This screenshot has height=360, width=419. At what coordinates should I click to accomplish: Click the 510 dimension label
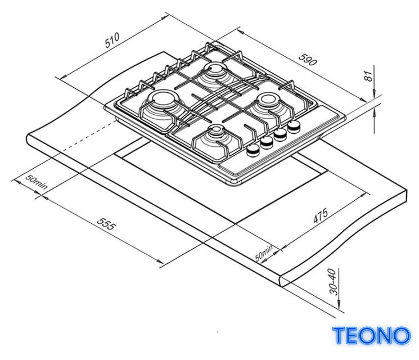(112, 40)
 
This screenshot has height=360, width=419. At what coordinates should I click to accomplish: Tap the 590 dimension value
(308, 60)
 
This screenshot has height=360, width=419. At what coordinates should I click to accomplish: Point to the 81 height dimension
(368, 76)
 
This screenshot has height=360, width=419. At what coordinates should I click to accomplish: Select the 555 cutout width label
(107, 224)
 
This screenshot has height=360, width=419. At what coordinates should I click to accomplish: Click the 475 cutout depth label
(321, 215)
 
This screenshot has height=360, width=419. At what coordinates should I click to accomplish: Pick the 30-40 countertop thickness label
(333, 282)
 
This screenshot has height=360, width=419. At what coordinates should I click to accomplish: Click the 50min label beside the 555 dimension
(37, 182)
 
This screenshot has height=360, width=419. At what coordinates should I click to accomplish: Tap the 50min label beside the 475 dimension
(264, 253)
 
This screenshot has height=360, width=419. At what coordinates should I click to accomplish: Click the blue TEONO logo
(371, 335)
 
